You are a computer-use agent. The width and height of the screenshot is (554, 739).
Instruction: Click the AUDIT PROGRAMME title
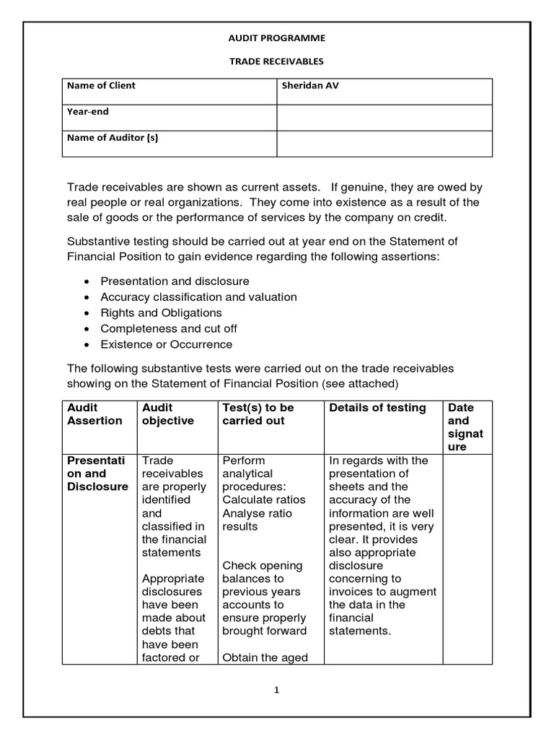(276, 38)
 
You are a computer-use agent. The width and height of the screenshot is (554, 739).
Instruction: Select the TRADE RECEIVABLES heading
(276, 61)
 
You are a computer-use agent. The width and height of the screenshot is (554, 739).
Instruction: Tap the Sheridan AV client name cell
(310, 86)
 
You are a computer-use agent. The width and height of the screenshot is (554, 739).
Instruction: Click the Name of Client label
(101, 86)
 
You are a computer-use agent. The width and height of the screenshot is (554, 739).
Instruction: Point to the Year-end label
(88, 112)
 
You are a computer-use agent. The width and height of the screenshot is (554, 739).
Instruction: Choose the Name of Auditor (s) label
(112, 138)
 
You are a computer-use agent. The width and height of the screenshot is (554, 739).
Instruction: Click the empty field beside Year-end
(384, 117)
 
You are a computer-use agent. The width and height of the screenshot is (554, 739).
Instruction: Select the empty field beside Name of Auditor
(384, 143)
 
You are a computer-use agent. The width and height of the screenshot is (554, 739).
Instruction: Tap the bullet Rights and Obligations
(161, 313)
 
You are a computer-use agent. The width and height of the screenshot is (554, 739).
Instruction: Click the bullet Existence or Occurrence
(167, 345)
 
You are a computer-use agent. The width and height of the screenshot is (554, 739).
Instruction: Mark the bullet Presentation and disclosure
(175, 281)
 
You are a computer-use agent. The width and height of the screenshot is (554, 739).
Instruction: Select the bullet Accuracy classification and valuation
(198, 297)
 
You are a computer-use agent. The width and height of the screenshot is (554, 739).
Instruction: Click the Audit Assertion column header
(94, 414)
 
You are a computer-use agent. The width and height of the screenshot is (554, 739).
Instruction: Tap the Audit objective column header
(168, 414)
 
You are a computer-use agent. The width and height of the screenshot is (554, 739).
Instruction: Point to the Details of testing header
(377, 408)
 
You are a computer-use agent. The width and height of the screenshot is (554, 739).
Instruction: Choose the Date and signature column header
(465, 427)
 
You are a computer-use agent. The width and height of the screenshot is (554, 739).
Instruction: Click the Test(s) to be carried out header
(258, 414)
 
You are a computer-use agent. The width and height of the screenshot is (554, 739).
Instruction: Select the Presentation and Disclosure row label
(97, 473)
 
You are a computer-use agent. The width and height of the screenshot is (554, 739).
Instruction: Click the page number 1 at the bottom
(276, 690)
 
